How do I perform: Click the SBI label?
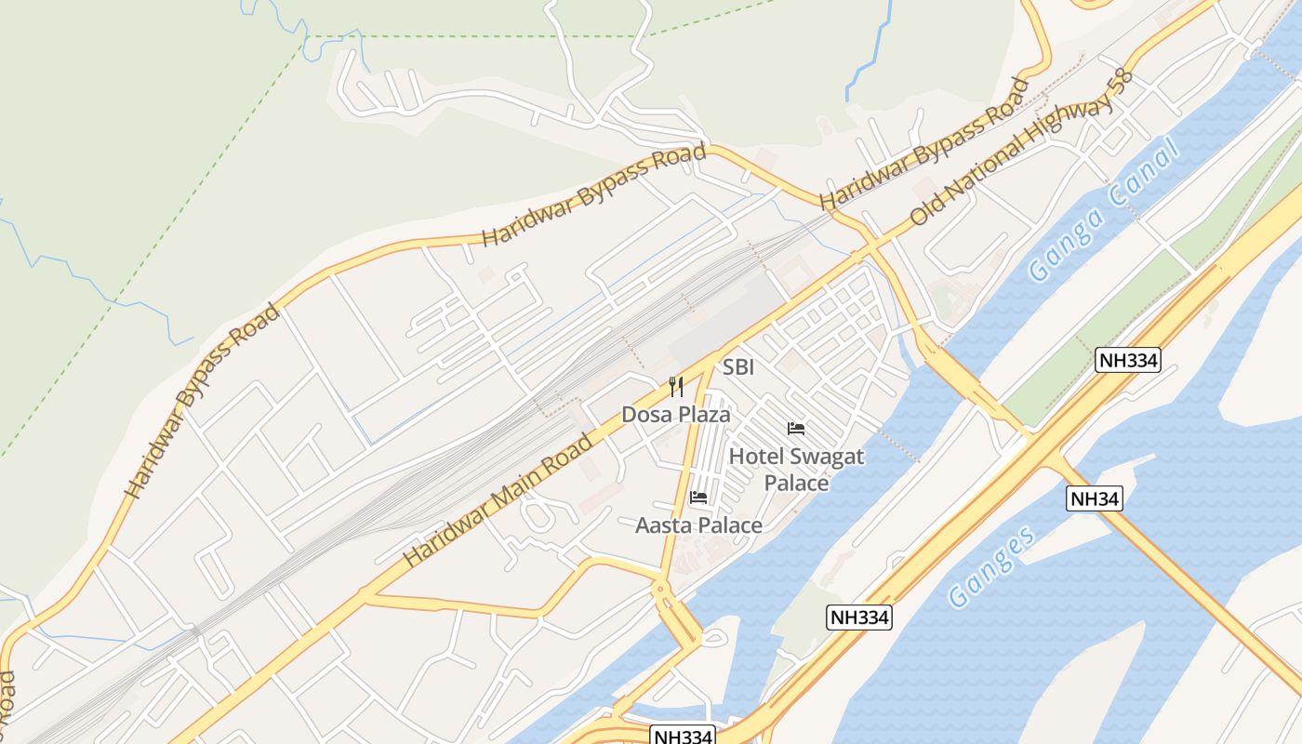pos(738,367)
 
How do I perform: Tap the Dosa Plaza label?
pos(676,415)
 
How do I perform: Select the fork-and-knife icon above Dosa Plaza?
pos(676,387)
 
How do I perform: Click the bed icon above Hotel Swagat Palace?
pos(796,429)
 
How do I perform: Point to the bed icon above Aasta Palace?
pos(698,498)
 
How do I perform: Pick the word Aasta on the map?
pos(664,525)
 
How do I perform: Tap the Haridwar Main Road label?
pos(498,501)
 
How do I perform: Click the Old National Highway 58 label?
pos(1023,149)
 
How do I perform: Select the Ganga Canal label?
pos(1104,210)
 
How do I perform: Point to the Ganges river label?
pos(992,566)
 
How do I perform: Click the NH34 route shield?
pos(1095,498)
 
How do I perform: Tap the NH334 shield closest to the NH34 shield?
pos(1128,360)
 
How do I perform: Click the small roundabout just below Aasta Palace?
pos(659,589)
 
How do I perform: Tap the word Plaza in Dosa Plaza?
pos(704,415)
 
